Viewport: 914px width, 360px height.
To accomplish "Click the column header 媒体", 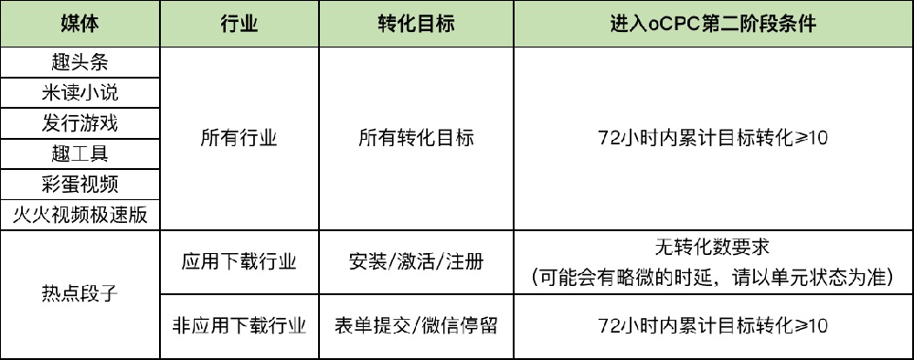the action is pyautogui.click(x=80, y=24).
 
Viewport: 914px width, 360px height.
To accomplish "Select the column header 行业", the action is pyautogui.click(x=239, y=24).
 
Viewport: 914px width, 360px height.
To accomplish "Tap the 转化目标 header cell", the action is pyautogui.click(x=416, y=24).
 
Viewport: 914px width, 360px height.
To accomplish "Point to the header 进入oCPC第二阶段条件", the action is pyautogui.click(x=713, y=24).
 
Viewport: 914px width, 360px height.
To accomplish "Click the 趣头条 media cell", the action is pyautogui.click(x=80, y=62).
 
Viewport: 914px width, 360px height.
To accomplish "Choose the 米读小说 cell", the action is pyautogui.click(x=80, y=92).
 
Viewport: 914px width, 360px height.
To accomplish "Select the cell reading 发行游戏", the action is pyautogui.click(x=80, y=122).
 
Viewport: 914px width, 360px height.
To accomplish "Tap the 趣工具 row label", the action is pyautogui.click(x=80, y=153).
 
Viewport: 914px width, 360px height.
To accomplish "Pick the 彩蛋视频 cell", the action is pyautogui.click(x=80, y=184).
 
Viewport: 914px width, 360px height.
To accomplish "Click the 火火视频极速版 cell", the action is pyautogui.click(x=80, y=215).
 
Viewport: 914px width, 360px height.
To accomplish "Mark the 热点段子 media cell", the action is pyautogui.click(x=80, y=294).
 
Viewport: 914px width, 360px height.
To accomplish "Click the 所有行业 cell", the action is pyautogui.click(x=239, y=138).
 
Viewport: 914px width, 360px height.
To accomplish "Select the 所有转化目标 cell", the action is pyautogui.click(x=416, y=138).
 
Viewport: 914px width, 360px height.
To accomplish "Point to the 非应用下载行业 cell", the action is pyautogui.click(x=239, y=325).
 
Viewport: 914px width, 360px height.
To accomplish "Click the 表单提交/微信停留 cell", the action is pyautogui.click(x=416, y=325).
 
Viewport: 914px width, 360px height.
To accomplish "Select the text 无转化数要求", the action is pyautogui.click(x=713, y=248).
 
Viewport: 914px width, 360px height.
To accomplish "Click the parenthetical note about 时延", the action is pyautogui.click(x=713, y=277).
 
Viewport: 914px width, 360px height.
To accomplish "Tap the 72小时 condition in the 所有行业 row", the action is pyautogui.click(x=713, y=138).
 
